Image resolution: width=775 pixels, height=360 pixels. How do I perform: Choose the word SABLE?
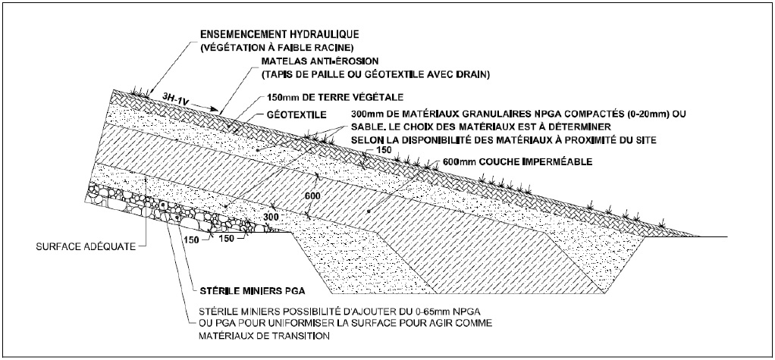(366, 127)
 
